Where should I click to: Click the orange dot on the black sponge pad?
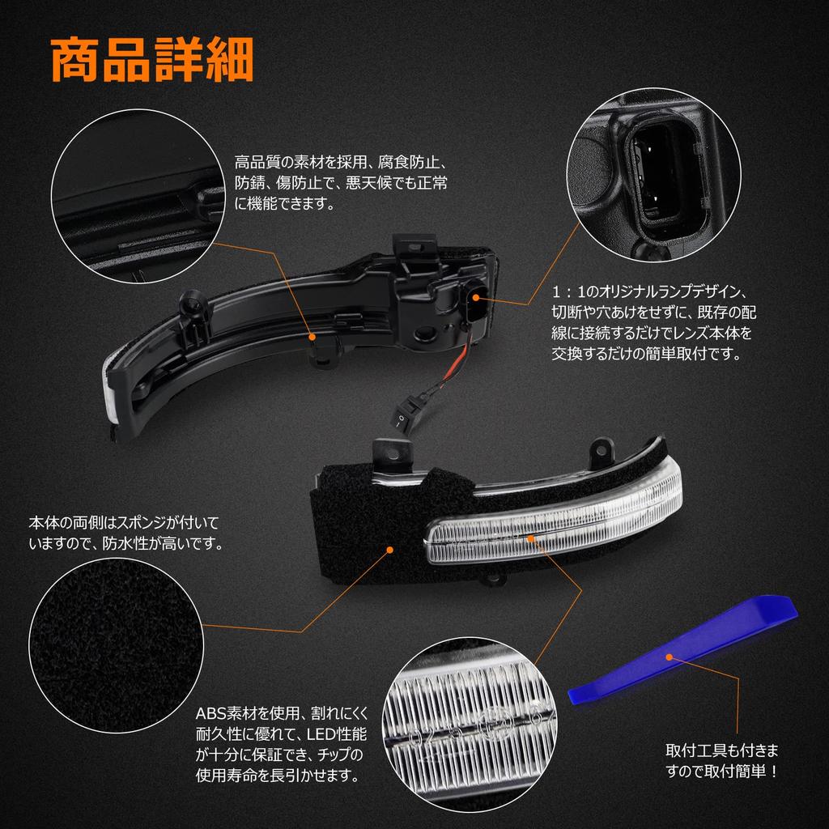(390, 550)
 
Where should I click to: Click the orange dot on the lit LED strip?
(530, 537)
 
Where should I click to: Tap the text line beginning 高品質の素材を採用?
(340, 162)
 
